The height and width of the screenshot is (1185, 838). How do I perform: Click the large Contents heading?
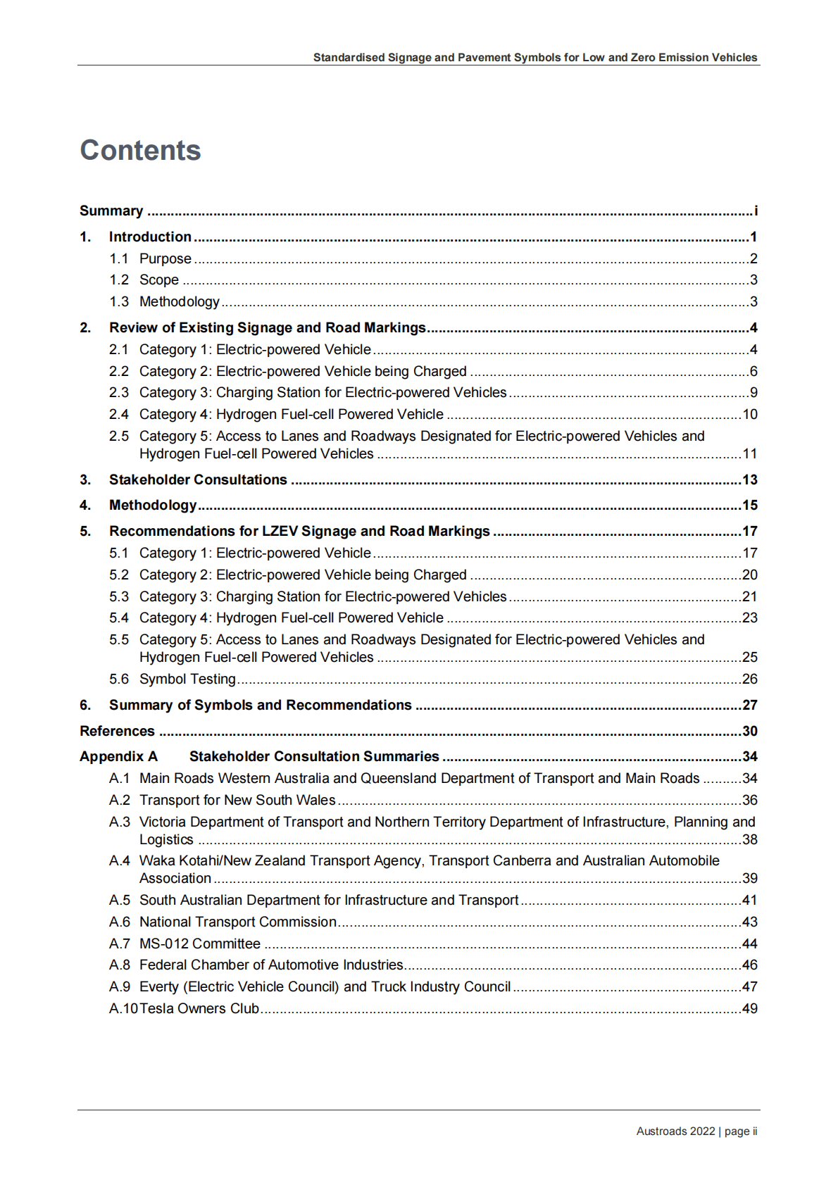[140, 150]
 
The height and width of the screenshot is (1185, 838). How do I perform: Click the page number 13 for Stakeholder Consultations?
[749, 480]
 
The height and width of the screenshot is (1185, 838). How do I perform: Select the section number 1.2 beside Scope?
[119, 280]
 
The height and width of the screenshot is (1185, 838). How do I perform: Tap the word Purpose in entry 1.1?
[165, 259]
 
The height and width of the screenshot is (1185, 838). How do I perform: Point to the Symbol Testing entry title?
[187, 679]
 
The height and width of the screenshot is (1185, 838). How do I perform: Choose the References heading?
[117, 732]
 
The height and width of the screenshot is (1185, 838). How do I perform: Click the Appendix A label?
[118, 757]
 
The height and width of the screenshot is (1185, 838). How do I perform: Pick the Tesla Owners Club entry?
[199, 1009]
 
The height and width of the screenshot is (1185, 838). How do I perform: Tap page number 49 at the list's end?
[749, 1009]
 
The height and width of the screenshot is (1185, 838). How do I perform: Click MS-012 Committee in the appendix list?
[199, 944]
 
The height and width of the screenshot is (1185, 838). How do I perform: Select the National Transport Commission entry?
[237, 922]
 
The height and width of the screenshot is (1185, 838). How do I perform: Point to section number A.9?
[120, 987]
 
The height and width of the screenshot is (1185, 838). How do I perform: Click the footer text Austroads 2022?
[675, 1131]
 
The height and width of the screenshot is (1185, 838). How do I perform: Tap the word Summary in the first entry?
[111, 211]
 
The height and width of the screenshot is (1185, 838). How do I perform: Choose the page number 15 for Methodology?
[749, 506]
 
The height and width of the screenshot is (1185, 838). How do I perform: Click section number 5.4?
[119, 618]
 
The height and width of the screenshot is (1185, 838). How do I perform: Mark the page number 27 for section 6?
[749, 706]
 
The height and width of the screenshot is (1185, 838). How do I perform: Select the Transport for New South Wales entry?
[237, 801]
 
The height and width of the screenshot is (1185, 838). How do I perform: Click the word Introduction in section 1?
[150, 237]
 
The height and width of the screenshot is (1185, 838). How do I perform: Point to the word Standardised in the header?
[349, 58]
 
